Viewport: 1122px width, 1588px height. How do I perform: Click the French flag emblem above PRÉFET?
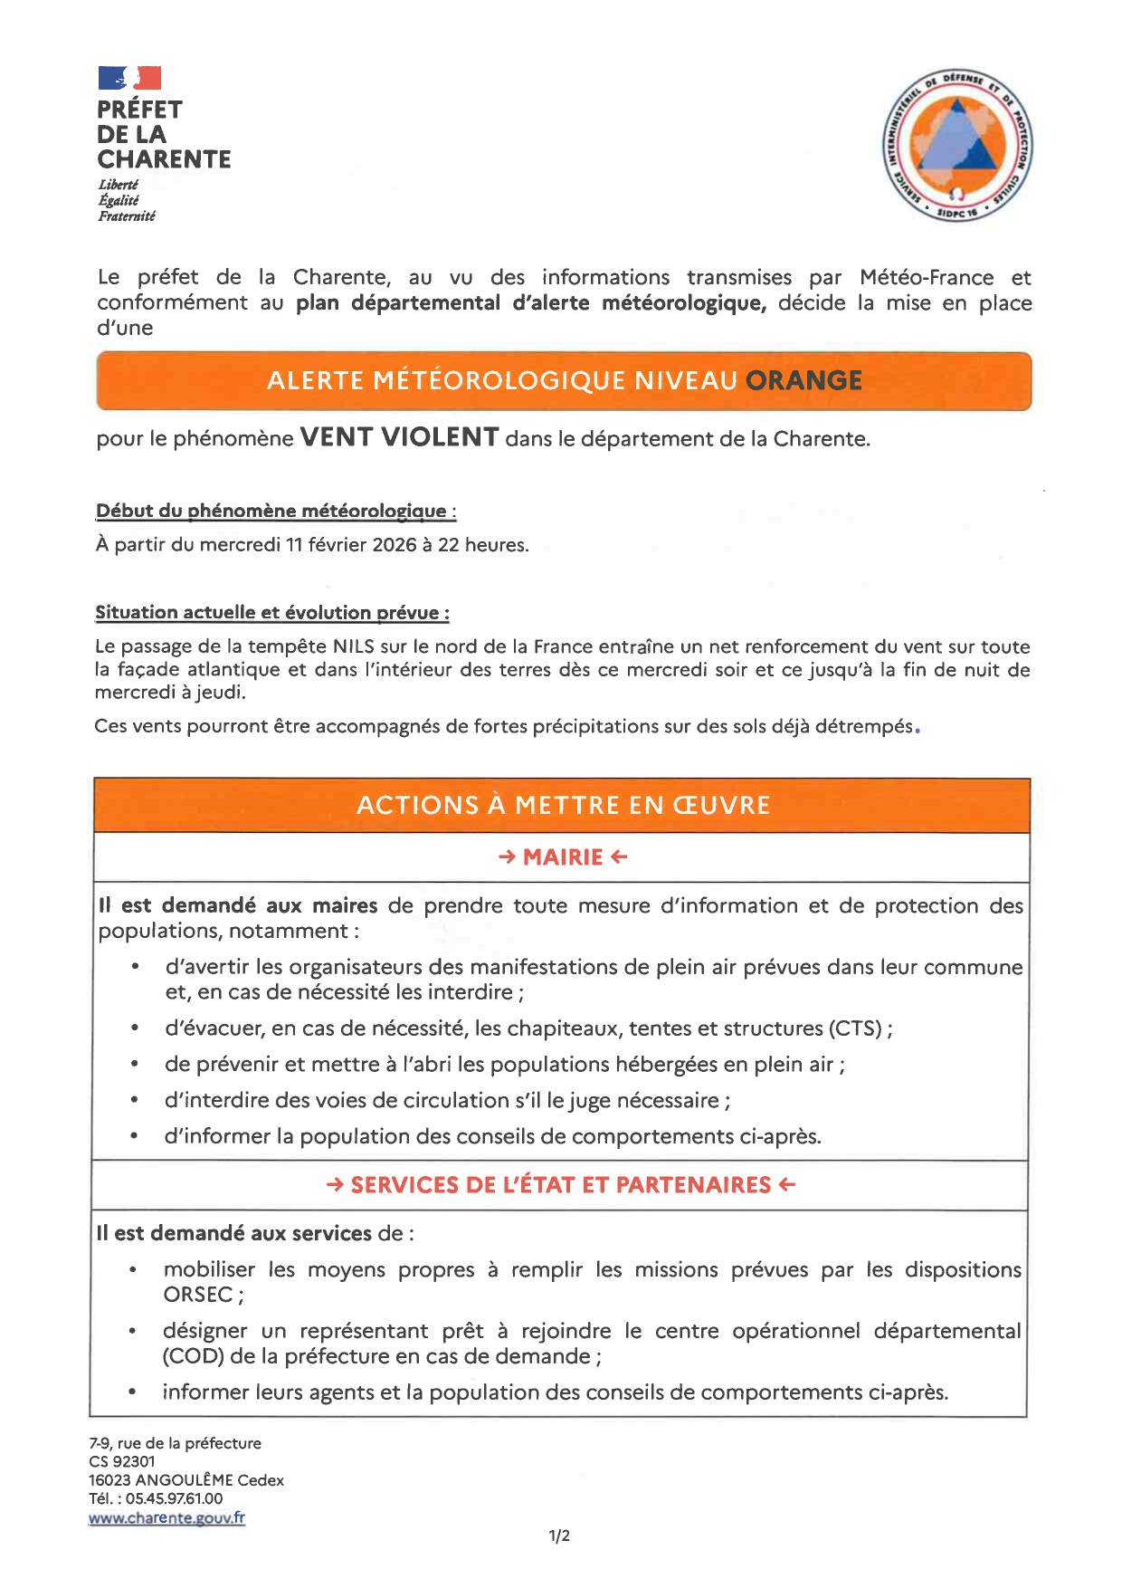[129, 78]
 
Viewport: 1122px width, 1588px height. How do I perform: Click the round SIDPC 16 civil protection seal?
[957, 146]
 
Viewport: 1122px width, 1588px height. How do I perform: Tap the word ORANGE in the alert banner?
[803, 380]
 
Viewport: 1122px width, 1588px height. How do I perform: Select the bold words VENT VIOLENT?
[399, 437]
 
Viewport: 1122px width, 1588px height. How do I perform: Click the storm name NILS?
[352, 646]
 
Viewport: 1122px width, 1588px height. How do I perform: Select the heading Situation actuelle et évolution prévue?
[271, 613]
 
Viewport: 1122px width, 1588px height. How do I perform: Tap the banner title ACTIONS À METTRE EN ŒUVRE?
[563, 805]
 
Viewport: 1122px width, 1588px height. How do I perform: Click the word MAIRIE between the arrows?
[563, 857]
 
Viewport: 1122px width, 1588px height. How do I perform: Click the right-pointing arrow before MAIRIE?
[507, 857]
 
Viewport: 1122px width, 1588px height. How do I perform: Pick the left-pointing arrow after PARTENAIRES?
[787, 1185]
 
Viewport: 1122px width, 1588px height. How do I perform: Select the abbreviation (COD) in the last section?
[193, 1356]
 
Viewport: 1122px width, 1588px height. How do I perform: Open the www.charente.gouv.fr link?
[166, 1518]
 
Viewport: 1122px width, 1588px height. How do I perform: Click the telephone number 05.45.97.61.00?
[174, 1498]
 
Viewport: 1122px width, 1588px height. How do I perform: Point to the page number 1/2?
[559, 1536]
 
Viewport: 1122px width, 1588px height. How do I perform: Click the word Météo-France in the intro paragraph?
[926, 277]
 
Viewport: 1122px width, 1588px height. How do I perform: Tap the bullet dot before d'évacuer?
[135, 1028]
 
